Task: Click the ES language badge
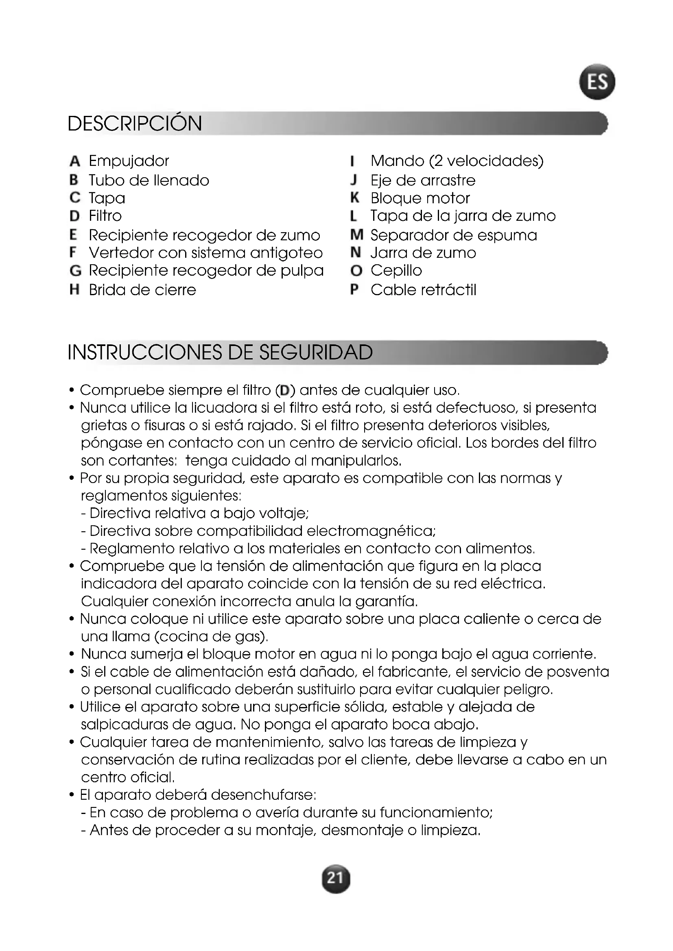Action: tap(597, 82)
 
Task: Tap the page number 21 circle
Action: tap(336, 879)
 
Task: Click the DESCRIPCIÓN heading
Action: tap(135, 124)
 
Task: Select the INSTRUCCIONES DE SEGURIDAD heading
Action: tap(220, 353)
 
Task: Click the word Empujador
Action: tap(129, 161)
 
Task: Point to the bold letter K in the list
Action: tap(354, 198)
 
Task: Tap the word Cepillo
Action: tap(396, 270)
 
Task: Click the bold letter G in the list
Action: tap(75, 270)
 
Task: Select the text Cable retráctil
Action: tap(424, 290)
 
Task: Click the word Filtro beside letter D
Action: tap(105, 216)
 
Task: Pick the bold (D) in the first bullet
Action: tap(285, 390)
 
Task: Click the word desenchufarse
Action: tap(264, 795)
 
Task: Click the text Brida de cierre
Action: tap(142, 290)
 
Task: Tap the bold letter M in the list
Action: tap(356, 235)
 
